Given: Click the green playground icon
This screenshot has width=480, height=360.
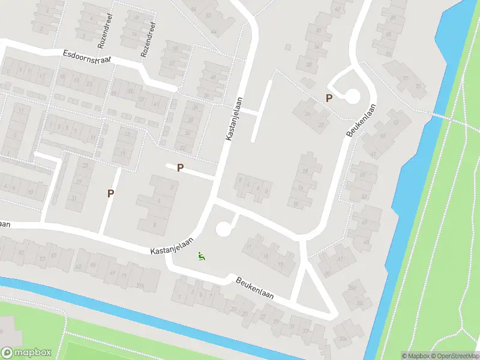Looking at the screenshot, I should point(202,257).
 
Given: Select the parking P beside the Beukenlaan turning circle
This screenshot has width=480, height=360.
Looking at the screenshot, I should point(329,98).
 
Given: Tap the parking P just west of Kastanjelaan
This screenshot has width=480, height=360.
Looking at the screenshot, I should point(179,168).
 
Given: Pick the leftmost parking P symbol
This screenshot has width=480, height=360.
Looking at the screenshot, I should point(110,193).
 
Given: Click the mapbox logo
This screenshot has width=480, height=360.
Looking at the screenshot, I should point(26,353).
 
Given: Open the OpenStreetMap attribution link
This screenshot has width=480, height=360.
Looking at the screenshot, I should point(454,356).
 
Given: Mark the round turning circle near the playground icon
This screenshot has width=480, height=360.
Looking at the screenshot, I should point(223,229).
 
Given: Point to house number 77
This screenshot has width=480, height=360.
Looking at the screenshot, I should point(406,79).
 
